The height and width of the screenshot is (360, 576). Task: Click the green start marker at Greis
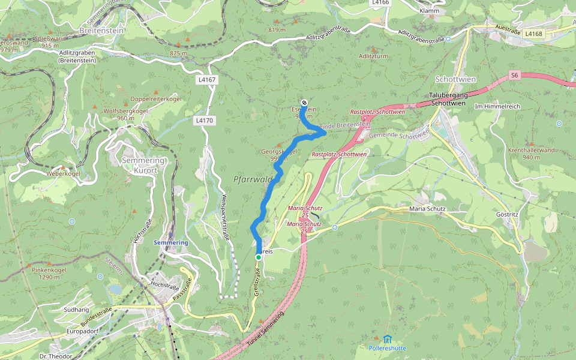pos(259,257)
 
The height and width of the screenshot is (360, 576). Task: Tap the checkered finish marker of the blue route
pos(304,103)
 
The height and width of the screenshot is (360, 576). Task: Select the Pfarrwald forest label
pos(253,179)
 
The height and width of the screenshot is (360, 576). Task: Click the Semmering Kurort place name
pos(139,165)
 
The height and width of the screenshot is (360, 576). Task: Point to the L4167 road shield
pos(206,79)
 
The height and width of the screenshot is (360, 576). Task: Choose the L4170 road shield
pos(204,121)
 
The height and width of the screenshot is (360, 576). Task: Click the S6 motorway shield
pos(514,75)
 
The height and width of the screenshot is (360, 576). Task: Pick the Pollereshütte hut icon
pos(388,339)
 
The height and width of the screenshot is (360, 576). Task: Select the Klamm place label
pos(430,11)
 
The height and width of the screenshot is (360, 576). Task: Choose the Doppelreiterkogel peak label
pos(155,98)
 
